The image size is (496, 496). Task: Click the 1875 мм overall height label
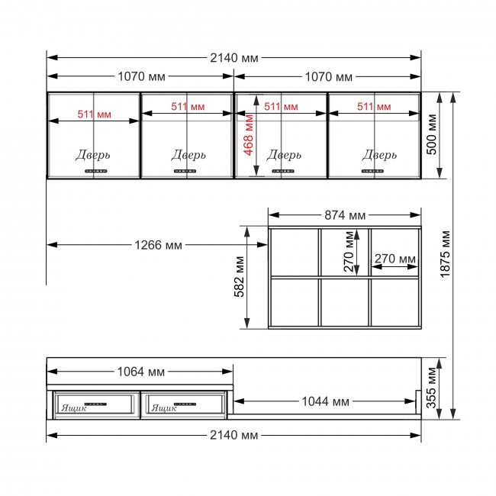coord(445,254)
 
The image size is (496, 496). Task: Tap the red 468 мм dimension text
coord(249,135)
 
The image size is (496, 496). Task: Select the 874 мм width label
coord(345,215)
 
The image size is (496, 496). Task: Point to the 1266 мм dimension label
coord(158,245)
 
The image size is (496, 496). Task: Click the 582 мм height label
coord(239,276)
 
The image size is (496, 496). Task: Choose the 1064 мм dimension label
coord(140,372)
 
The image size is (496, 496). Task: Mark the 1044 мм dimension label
coord(326,401)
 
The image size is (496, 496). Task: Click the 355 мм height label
coord(431,388)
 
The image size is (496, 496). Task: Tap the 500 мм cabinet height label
coord(431,134)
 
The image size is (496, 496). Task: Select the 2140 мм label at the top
coord(234,58)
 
